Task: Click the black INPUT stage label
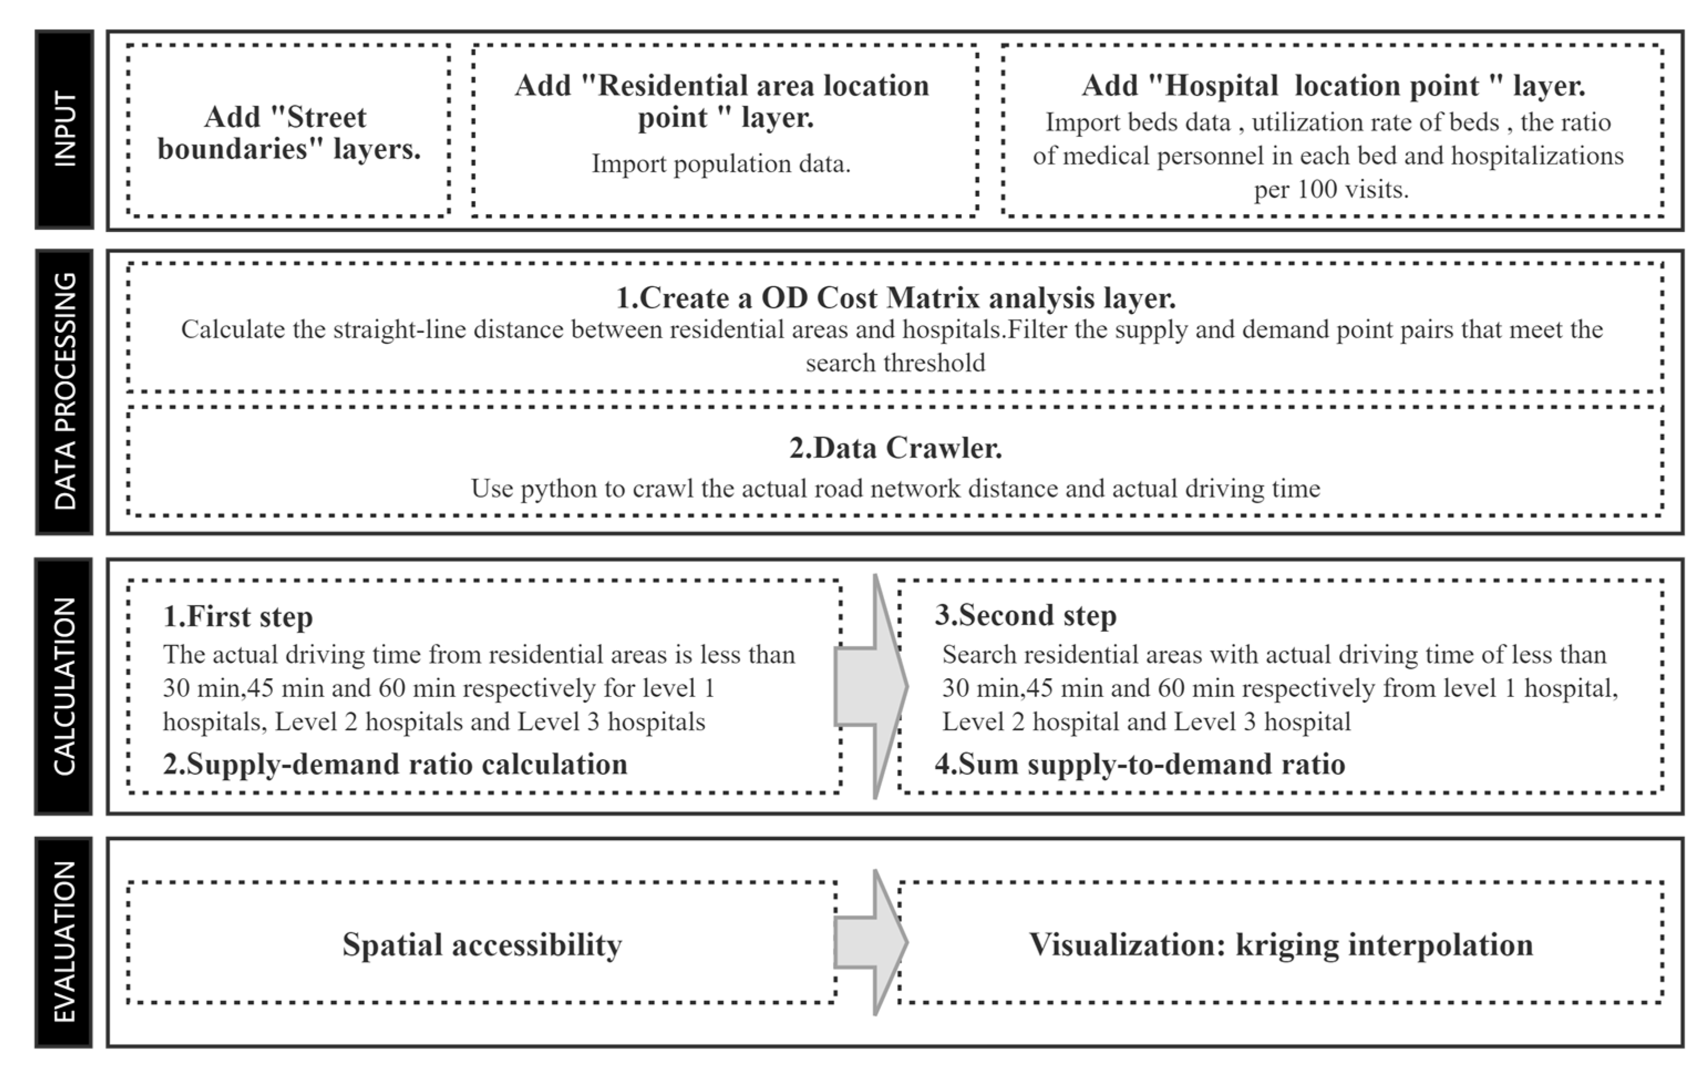(x=64, y=129)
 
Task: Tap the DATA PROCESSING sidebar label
(x=64, y=391)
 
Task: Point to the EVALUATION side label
(x=64, y=941)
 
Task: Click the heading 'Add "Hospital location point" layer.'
(x=1333, y=86)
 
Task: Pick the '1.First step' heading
(x=238, y=616)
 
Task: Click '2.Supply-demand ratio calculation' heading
(x=395, y=764)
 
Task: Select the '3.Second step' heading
(x=1025, y=615)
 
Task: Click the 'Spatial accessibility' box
(x=482, y=944)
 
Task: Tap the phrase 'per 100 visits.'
(x=1331, y=190)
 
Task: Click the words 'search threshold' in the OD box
(x=895, y=363)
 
